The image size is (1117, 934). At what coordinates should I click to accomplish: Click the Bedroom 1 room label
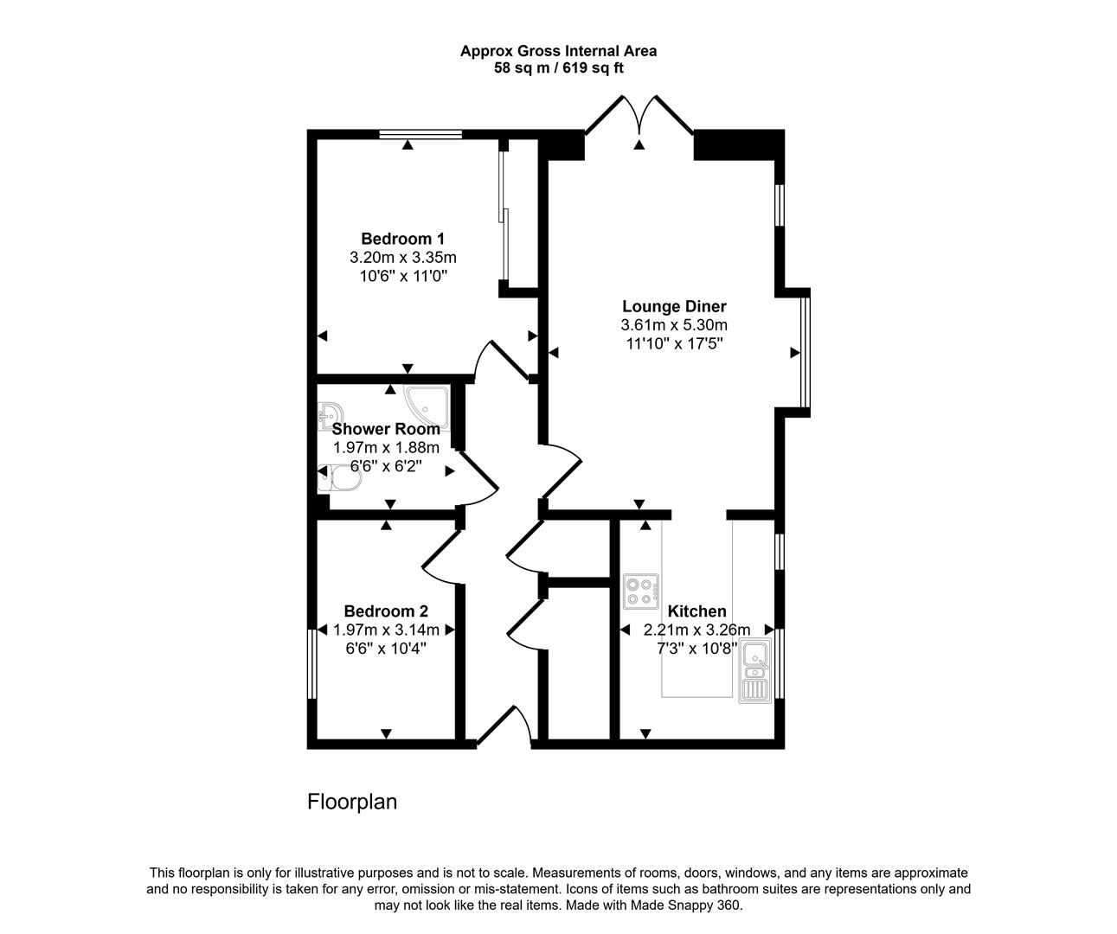click(x=402, y=239)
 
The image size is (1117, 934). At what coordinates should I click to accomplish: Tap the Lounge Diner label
click(x=674, y=306)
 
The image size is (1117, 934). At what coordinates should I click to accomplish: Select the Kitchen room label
click(x=697, y=611)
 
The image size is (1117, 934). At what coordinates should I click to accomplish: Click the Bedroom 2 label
click(x=386, y=611)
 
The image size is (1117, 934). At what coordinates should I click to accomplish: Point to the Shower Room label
click(x=386, y=429)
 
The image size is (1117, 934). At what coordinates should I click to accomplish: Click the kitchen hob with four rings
click(x=641, y=591)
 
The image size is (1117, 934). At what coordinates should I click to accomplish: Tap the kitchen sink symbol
click(x=754, y=670)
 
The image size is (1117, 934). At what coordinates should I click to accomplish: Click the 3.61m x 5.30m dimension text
click(x=674, y=325)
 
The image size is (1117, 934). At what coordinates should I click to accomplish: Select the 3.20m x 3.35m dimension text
click(x=402, y=258)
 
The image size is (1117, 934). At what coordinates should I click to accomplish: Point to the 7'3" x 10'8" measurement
click(x=697, y=648)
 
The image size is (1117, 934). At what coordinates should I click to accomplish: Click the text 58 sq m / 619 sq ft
click(x=558, y=68)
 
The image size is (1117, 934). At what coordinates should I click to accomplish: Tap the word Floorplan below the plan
click(x=352, y=802)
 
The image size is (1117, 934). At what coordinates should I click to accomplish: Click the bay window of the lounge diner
click(x=806, y=353)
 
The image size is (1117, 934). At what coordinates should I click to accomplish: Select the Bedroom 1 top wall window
click(x=420, y=134)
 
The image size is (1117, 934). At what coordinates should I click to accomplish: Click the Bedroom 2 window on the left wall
click(x=312, y=662)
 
